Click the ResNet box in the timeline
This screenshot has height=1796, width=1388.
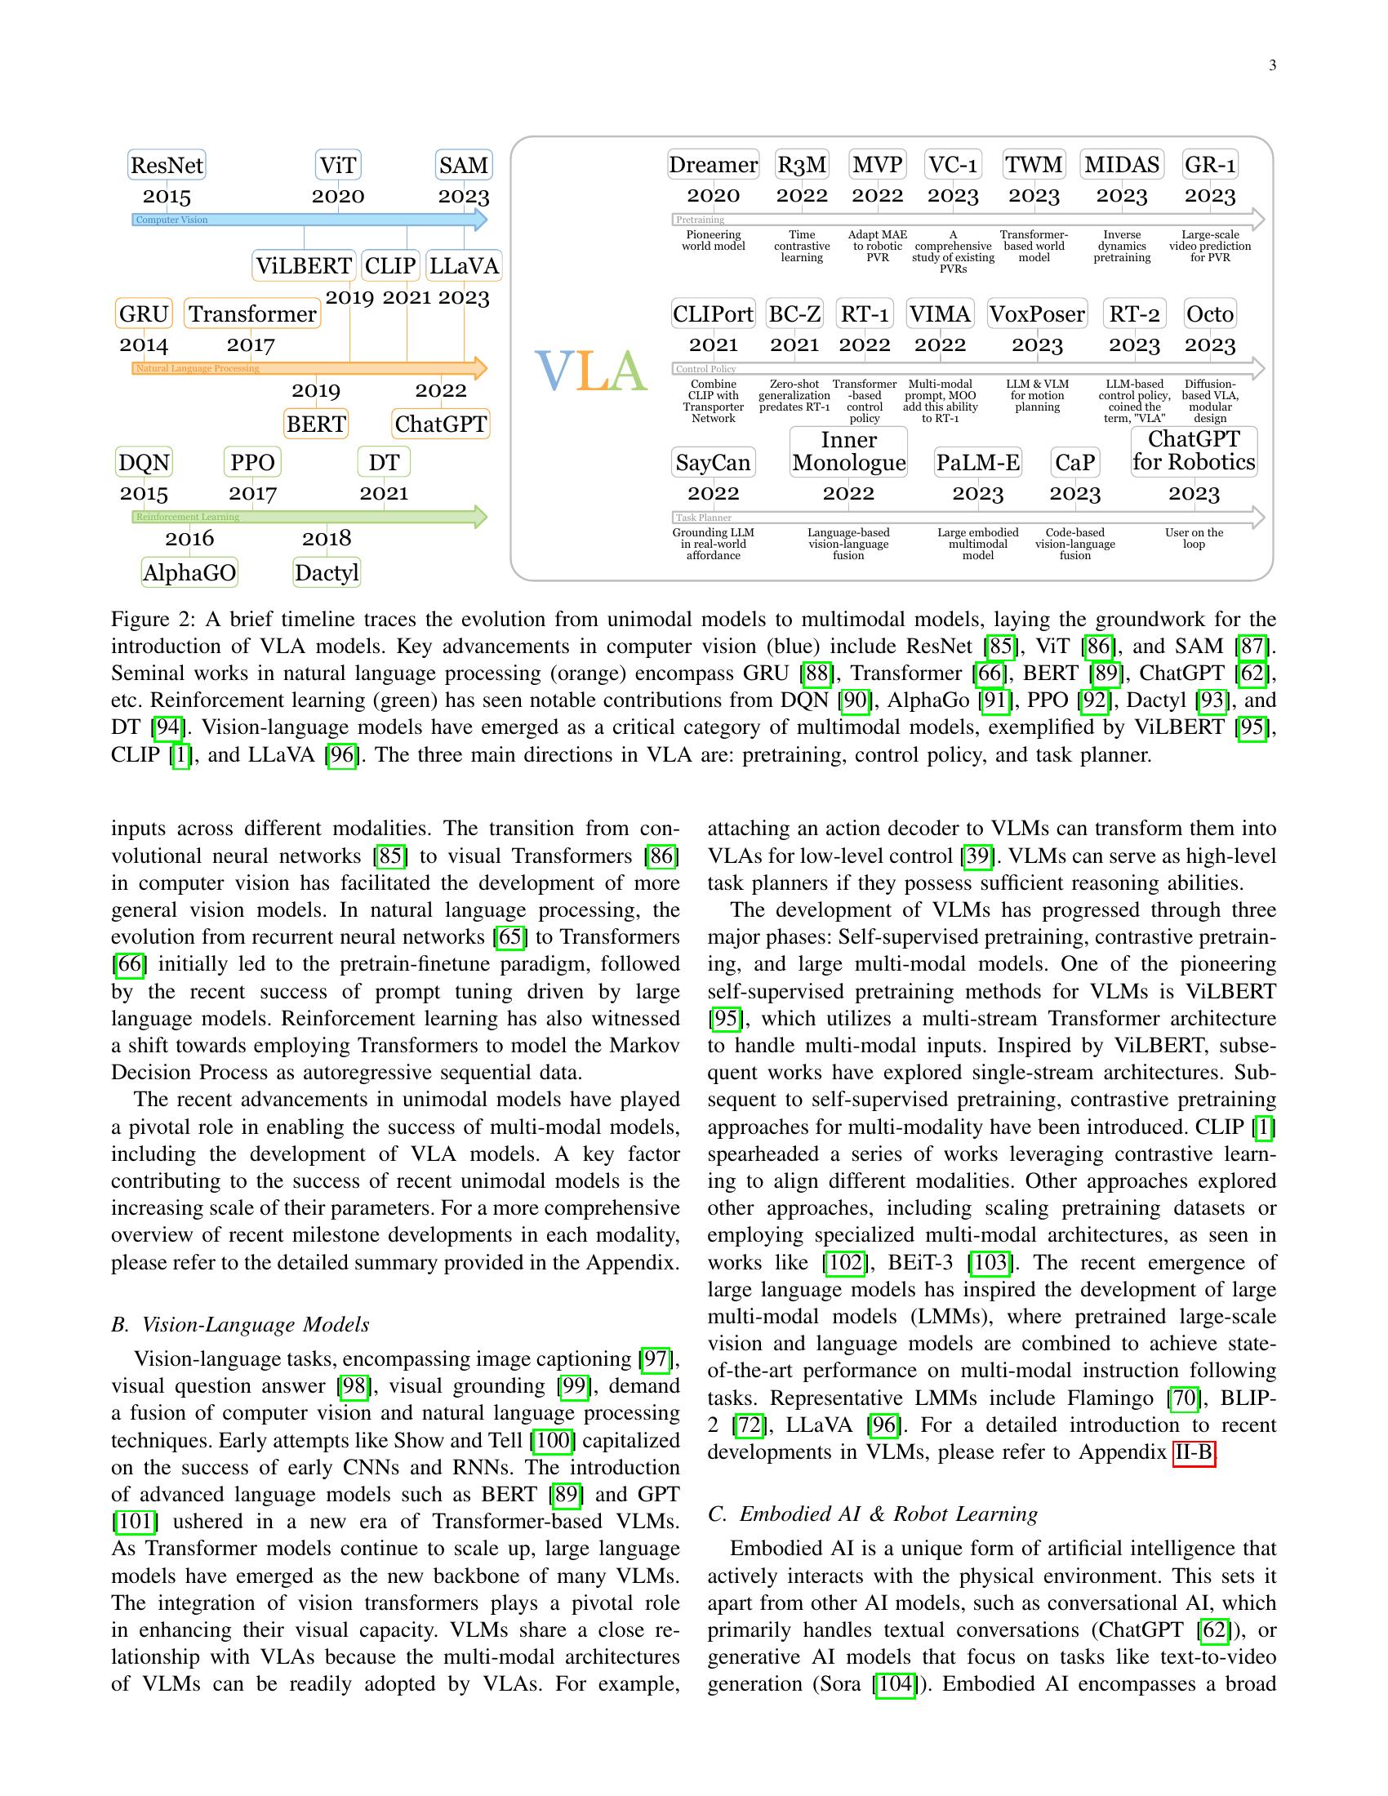click(167, 165)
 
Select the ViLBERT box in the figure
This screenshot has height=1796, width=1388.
click(304, 265)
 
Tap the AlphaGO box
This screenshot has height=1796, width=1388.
click(189, 572)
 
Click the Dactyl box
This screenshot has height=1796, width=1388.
click(327, 572)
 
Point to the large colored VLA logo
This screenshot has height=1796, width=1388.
click(590, 371)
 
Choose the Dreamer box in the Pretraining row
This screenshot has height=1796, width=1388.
click(713, 164)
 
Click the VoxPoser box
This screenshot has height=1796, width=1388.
click(1037, 314)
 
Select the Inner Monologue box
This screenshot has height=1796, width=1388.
click(848, 451)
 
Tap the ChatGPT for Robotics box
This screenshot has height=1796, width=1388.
click(1193, 451)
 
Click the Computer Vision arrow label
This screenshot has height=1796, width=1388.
click(171, 220)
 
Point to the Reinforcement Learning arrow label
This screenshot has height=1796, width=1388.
click(188, 518)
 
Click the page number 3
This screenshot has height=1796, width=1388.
click(1272, 66)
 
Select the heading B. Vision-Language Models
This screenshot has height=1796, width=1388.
click(240, 1324)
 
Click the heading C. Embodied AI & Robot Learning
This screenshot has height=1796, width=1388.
click(872, 1514)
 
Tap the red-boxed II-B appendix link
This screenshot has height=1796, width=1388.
click(1193, 1452)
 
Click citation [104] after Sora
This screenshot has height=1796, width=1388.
click(895, 1683)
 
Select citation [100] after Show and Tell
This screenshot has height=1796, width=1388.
click(553, 1440)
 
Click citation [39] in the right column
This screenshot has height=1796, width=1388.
click(976, 856)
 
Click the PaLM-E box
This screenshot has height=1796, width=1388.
click(977, 463)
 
